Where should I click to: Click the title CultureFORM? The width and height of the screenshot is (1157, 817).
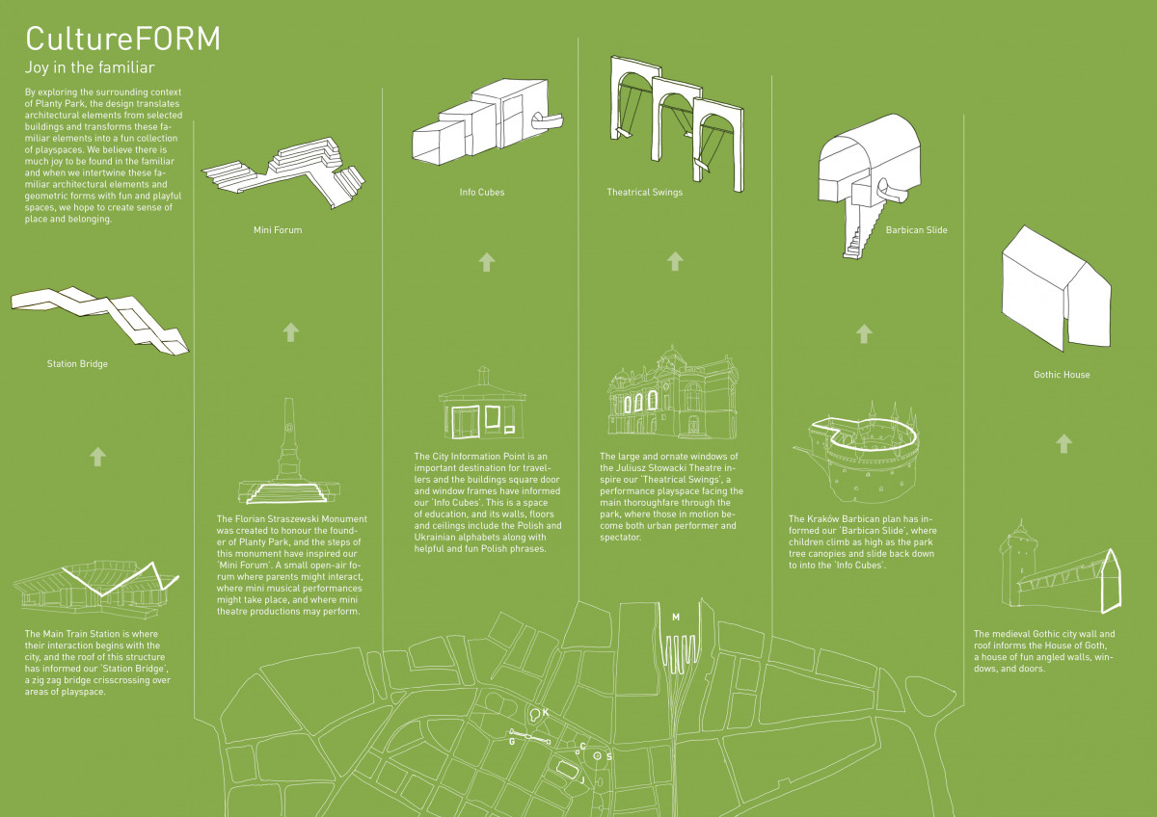[x=122, y=39]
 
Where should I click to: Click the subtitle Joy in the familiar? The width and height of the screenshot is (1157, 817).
[x=90, y=68]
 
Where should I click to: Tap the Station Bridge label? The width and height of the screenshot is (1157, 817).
[x=77, y=364]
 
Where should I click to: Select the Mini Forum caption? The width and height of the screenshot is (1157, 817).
[x=271, y=230]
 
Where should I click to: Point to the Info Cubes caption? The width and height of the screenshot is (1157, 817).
[x=482, y=193]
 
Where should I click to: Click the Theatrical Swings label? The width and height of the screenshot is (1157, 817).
[x=644, y=193]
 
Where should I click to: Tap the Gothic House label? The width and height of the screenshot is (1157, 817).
[x=1062, y=374]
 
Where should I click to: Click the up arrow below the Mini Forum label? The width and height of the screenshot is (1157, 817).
[x=290, y=332]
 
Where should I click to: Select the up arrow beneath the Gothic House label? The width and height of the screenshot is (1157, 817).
[x=1063, y=443]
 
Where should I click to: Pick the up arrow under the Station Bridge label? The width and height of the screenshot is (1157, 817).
[x=97, y=456]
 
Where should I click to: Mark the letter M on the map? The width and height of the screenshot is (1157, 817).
[x=676, y=617]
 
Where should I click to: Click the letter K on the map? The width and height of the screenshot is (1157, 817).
[x=546, y=712]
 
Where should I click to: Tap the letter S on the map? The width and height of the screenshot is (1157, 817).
[x=609, y=757]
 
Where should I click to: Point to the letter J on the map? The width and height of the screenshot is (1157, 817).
[x=582, y=779]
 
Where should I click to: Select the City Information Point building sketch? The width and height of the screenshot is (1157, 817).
[x=482, y=405]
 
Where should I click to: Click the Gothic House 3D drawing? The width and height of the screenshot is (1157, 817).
[x=1057, y=289]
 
